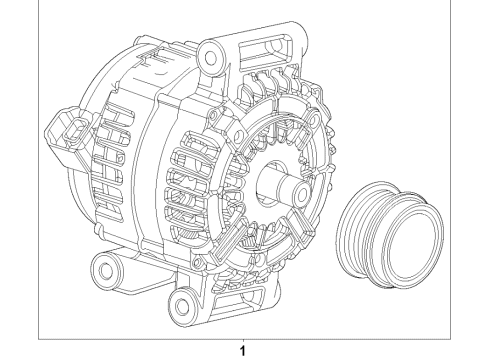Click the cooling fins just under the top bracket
[x=270, y=85]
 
